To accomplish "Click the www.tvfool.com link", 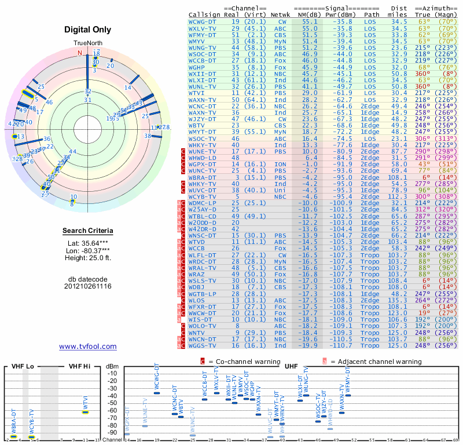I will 88,346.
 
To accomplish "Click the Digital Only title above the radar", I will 88,30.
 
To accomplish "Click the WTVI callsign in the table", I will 197,93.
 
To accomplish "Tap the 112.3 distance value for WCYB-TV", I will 397,196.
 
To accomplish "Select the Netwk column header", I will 280,13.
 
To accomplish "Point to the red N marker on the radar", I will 80,53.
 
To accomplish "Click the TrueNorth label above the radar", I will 88,44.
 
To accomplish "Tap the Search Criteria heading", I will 88,231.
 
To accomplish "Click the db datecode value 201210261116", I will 88,286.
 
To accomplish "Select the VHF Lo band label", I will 21,366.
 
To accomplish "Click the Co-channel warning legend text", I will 238,362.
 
